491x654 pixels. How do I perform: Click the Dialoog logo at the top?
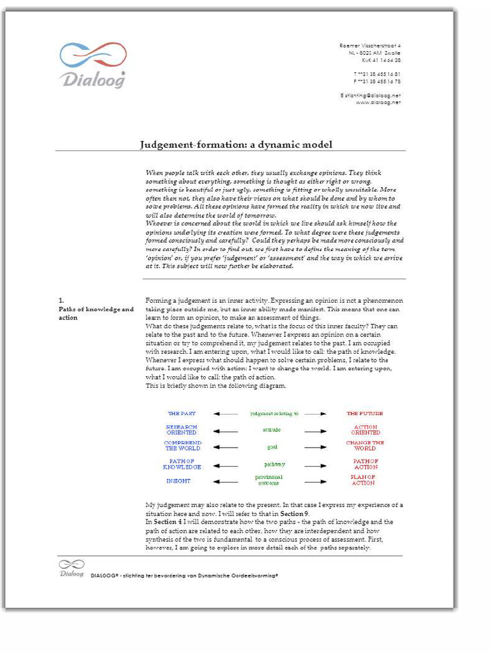point(93,65)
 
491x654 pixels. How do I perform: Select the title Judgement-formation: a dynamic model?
point(236,144)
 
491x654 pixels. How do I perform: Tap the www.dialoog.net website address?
point(378,102)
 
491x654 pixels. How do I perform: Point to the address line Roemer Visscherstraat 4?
point(370,46)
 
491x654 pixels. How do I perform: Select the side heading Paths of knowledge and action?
point(96,313)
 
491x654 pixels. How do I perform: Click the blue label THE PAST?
point(182,414)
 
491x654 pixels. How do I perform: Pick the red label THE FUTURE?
point(364,414)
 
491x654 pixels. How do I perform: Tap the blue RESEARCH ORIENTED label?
point(182,430)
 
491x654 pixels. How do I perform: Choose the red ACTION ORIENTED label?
point(365,430)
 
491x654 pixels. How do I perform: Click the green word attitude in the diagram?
point(272,430)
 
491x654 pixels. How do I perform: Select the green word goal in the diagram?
point(272,447)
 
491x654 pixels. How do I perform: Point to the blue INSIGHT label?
point(178,481)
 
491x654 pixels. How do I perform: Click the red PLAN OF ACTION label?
point(363,480)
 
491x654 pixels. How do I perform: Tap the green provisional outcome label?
point(269,480)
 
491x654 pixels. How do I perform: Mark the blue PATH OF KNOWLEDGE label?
point(182,464)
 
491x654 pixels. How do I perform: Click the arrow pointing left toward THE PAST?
point(225,414)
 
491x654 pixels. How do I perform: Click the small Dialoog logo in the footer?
point(72,568)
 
